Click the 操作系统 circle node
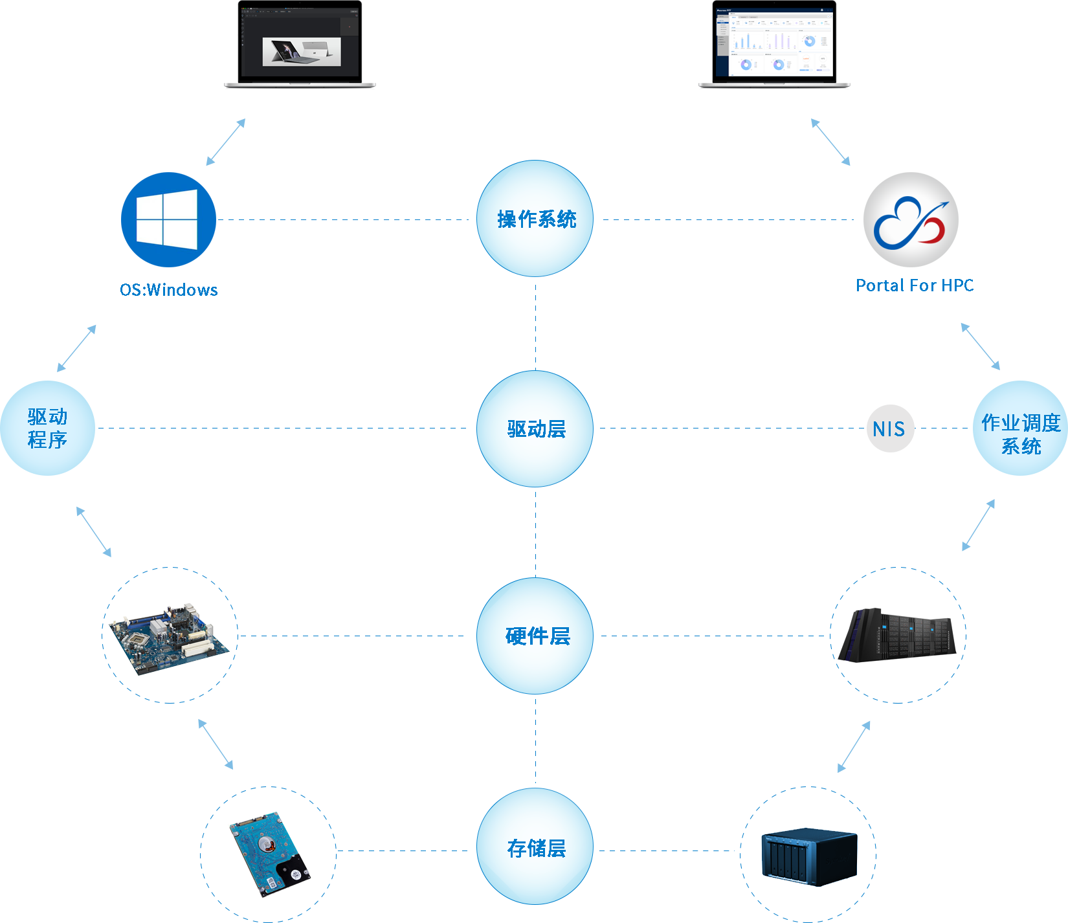535,219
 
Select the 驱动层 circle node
535,428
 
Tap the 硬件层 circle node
535,636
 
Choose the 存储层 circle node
535,847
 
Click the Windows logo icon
168,219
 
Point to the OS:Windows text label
169,289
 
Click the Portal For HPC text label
914,285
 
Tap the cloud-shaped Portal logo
911,220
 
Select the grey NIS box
890,428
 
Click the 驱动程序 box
47,428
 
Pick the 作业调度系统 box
1020,428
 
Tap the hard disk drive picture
269,853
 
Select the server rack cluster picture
896,635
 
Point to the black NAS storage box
809,856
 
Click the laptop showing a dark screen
300,44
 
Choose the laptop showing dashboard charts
774,44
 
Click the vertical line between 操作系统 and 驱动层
535,326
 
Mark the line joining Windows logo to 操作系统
343,219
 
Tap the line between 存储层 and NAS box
667,851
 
